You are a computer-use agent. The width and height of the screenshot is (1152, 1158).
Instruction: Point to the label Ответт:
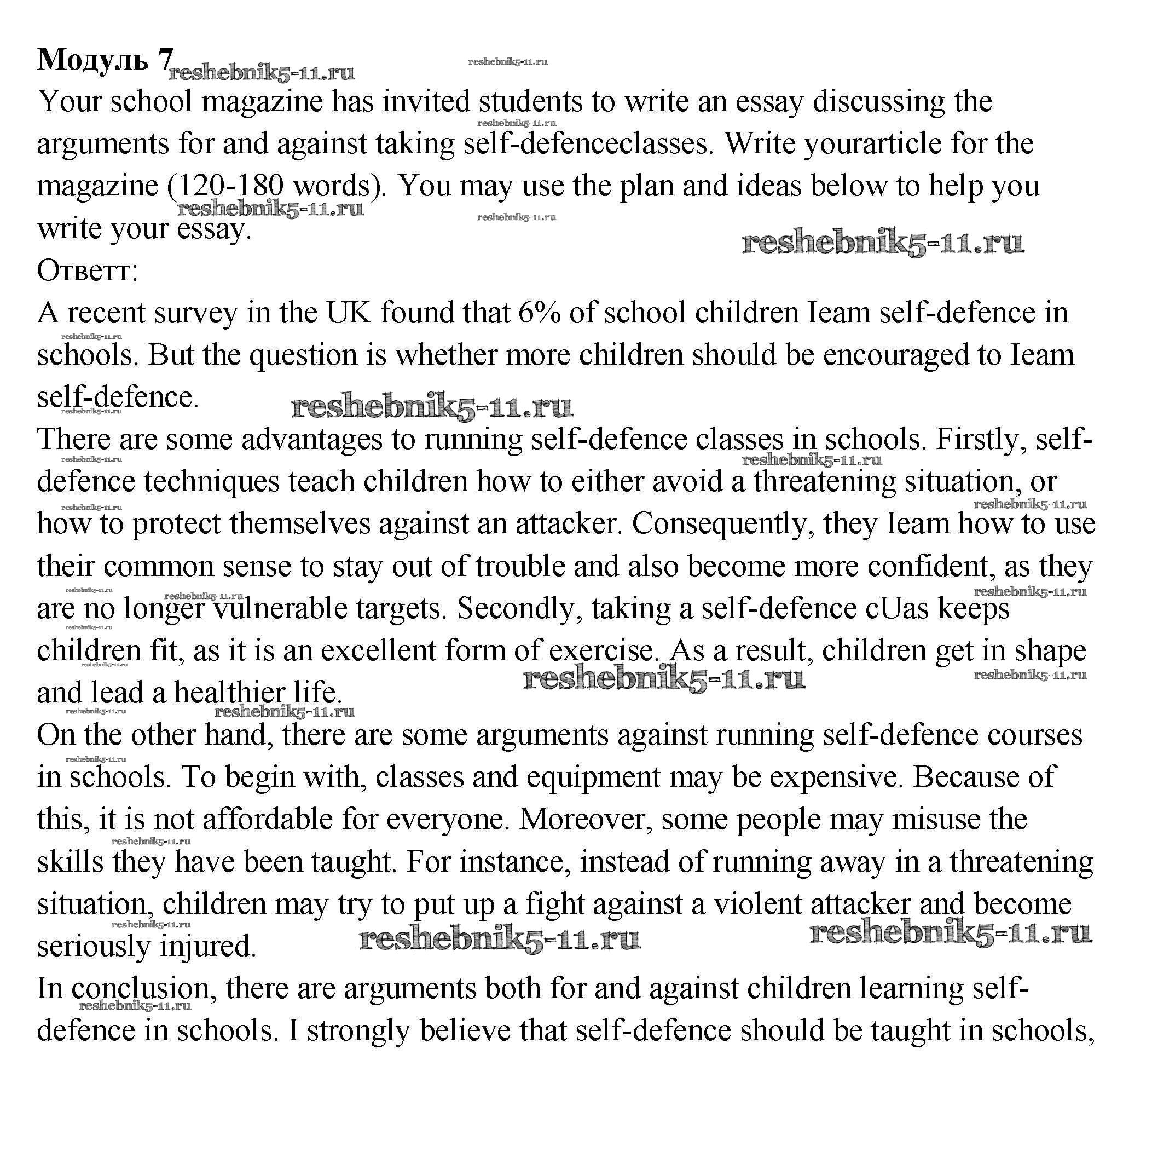[x=88, y=270]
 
